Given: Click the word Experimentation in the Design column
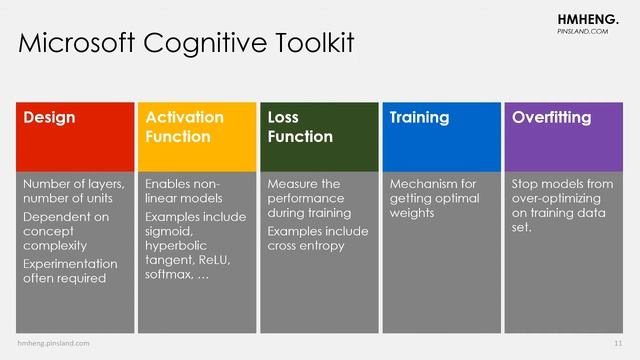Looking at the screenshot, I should point(70,263).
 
